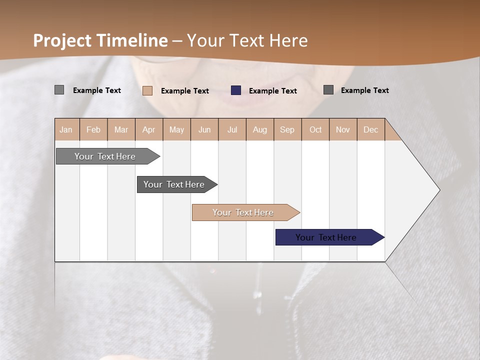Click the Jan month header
(x=66, y=129)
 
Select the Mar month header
(x=121, y=129)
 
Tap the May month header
(x=176, y=129)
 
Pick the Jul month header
(x=232, y=129)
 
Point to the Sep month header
(x=287, y=129)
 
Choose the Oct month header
(x=315, y=129)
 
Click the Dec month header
(x=370, y=129)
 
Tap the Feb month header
(x=93, y=129)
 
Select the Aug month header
(x=259, y=129)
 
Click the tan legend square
(x=147, y=90)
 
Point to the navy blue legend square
(x=236, y=90)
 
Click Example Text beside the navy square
(x=272, y=91)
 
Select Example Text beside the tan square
(x=184, y=91)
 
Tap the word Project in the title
(x=62, y=40)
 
